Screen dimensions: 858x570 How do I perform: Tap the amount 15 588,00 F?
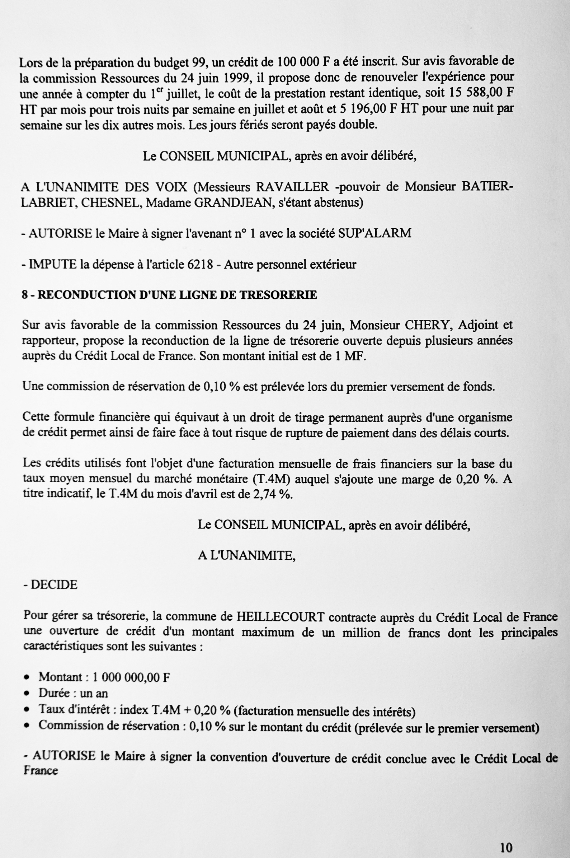481,92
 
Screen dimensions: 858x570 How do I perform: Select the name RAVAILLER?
293,187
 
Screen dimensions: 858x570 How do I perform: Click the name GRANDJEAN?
234,202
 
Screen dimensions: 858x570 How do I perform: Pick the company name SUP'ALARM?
374,233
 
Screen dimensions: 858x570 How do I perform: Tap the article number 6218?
200,264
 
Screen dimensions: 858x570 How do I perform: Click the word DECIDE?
54,585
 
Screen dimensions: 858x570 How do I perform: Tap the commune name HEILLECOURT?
281,617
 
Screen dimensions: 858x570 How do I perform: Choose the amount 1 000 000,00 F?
131,677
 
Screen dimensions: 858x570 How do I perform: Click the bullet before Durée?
27,694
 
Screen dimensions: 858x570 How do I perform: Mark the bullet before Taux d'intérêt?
27,710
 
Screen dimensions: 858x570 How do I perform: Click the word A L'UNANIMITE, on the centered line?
246,555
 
